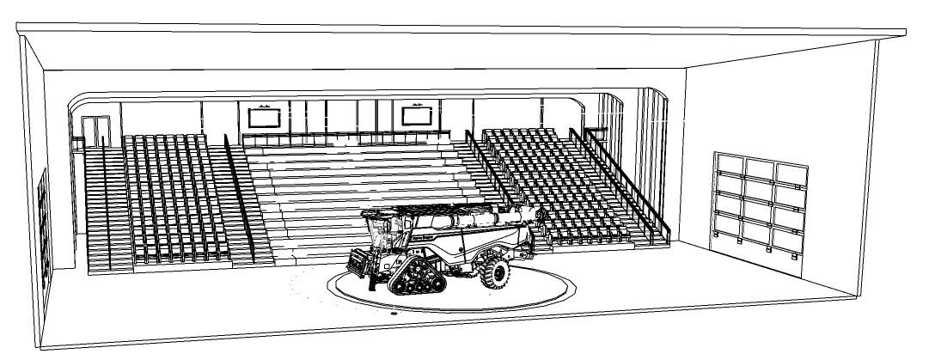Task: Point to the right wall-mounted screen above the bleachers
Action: tap(416, 115)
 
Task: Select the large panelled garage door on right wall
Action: tap(759, 201)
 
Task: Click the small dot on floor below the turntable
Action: tap(394, 314)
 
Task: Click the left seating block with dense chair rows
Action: tap(176, 198)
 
